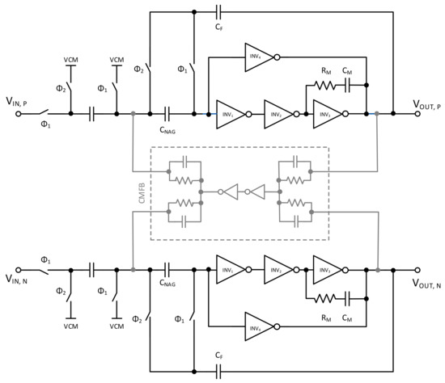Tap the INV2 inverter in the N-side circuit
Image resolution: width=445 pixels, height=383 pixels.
coord(279,271)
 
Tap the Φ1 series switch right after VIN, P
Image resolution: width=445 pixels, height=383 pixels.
coord(49,114)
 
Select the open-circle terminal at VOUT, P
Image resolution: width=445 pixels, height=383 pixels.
coord(418,114)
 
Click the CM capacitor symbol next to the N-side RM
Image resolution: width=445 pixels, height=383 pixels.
coord(346,297)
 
